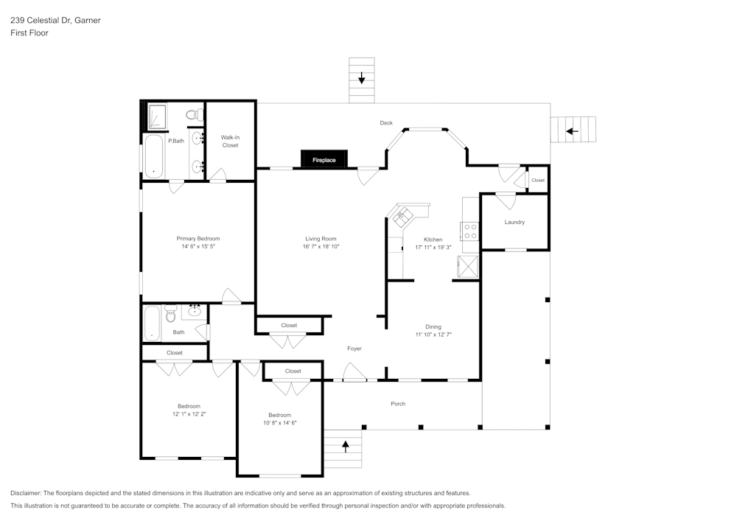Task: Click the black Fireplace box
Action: point(324,159)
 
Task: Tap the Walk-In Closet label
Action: point(230,141)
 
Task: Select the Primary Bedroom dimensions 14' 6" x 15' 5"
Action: point(198,247)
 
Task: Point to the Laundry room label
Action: point(514,222)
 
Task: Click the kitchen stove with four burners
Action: point(469,231)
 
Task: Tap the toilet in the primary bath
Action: point(194,114)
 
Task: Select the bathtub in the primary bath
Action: point(153,155)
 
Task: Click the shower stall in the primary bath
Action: point(156,116)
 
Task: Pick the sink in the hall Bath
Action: point(195,311)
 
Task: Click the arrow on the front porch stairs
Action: point(344,444)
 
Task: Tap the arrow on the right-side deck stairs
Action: point(572,131)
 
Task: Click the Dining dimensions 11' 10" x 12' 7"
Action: point(433,335)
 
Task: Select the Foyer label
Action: point(354,349)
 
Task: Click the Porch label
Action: point(398,404)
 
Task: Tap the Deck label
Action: point(386,123)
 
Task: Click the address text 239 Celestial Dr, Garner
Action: point(55,21)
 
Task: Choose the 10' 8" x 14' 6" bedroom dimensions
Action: point(279,423)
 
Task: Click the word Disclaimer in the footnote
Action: point(26,493)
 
